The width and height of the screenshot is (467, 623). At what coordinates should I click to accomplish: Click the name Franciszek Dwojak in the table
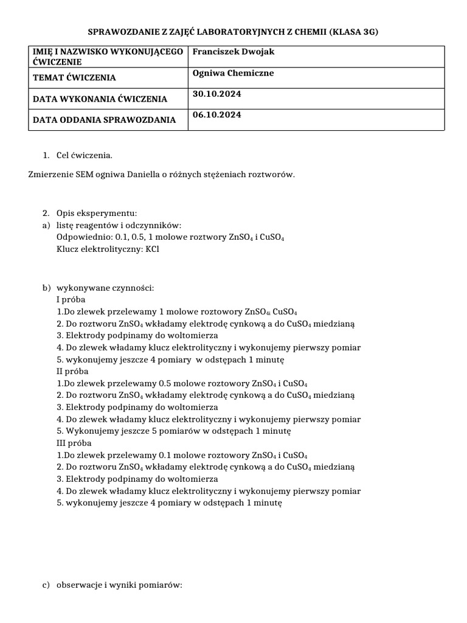[x=233, y=52]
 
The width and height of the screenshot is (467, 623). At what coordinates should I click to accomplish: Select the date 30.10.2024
[x=216, y=94]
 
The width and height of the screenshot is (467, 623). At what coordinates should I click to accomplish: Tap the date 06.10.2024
[x=216, y=115]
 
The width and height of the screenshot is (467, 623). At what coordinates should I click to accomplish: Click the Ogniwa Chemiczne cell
[x=224, y=73]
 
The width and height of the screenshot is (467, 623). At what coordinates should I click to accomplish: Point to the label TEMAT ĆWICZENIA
[x=74, y=78]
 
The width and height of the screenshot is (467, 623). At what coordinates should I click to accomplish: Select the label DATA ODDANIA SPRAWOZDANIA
[x=104, y=120]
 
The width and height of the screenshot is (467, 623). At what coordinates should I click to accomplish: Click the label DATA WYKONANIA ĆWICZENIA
[x=100, y=99]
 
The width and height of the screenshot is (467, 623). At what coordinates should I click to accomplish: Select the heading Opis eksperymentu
[x=97, y=213]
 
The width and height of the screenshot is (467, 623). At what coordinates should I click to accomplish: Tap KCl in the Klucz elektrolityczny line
[x=152, y=249]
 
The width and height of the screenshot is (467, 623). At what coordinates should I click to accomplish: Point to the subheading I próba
[x=71, y=299]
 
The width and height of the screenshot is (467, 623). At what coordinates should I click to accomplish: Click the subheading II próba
[x=72, y=371]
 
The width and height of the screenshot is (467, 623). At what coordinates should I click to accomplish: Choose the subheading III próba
[x=74, y=443]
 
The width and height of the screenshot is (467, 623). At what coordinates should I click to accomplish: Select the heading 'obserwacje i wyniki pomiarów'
[x=119, y=585]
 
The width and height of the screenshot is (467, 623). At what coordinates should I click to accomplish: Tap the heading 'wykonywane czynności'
[x=105, y=287]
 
